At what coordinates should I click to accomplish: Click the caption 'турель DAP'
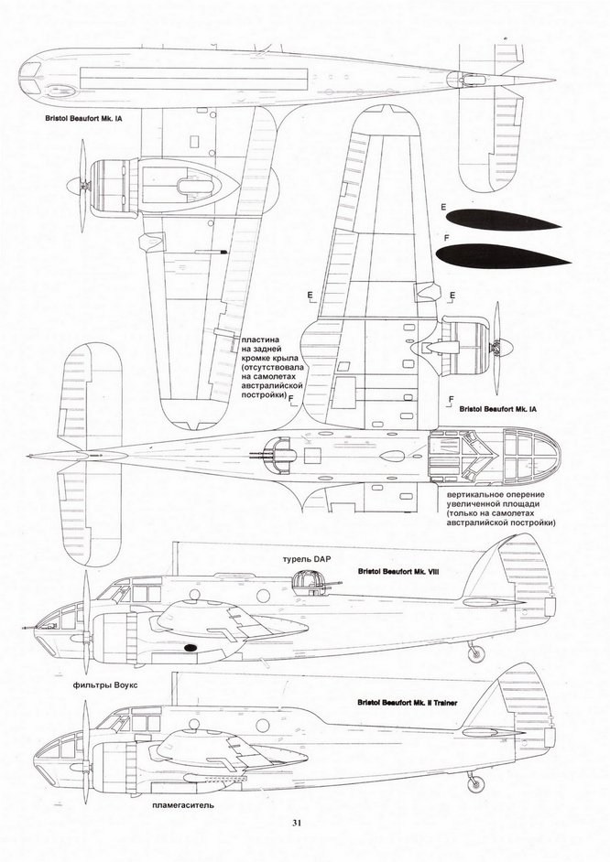click(x=297, y=557)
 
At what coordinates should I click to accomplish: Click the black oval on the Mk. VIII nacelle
click(x=191, y=648)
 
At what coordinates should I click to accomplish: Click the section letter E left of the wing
click(x=311, y=295)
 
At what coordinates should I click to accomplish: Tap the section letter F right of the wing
click(x=453, y=400)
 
